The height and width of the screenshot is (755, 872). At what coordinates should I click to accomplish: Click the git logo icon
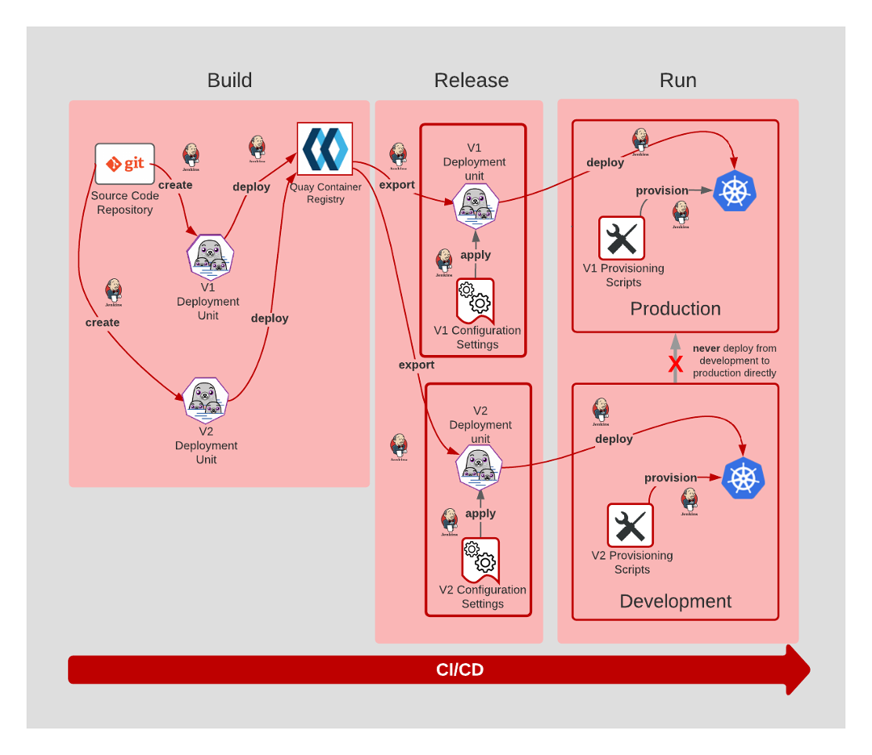point(124,164)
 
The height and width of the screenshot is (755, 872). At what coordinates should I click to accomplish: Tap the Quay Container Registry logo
point(325,148)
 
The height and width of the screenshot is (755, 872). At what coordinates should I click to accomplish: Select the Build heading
point(229,81)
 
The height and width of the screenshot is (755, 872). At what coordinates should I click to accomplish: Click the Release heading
point(472,81)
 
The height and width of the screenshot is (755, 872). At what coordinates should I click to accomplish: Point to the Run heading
point(678,81)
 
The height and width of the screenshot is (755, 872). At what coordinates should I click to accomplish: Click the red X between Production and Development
point(676,365)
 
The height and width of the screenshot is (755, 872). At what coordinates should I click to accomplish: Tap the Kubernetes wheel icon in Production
point(735,191)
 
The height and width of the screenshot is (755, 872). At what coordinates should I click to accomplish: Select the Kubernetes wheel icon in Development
point(743,478)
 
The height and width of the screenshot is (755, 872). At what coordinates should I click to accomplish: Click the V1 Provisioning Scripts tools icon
point(622,238)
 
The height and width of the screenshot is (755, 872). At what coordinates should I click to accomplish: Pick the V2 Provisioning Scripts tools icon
point(631,525)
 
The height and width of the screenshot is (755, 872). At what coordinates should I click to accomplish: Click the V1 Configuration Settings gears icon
point(475,299)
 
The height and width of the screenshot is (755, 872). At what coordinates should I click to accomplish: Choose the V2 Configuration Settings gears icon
point(480,558)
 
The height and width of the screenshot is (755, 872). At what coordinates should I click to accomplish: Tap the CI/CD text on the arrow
point(459,670)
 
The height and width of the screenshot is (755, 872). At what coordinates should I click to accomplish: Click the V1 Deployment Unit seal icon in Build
point(210,256)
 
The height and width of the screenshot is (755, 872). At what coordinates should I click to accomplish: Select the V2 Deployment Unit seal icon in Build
point(205,399)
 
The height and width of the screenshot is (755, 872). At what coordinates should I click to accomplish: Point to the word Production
point(675,309)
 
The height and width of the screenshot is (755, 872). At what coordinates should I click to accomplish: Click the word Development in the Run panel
point(675,602)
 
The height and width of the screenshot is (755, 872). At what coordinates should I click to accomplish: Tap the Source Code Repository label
point(125,202)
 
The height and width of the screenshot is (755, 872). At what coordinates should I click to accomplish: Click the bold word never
point(706,348)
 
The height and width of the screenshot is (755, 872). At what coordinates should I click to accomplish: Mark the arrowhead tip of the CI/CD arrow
point(809,669)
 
